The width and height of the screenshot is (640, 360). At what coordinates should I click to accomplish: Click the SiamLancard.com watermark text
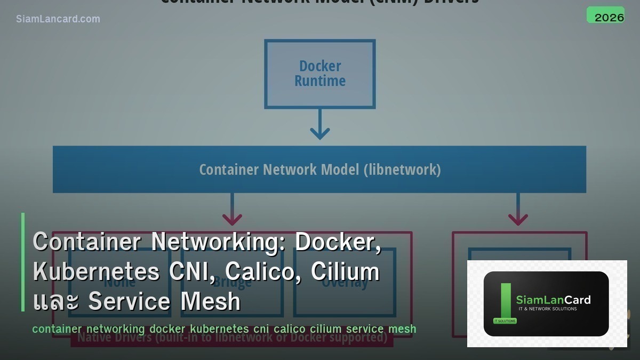pyautogui.click(x=58, y=19)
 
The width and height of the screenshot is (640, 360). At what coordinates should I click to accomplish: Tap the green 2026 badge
pyautogui.click(x=605, y=15)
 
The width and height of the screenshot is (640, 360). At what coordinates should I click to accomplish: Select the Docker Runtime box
pyautogui.click(x=320, y=74)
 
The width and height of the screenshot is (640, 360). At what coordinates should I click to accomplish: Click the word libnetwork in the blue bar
pyautogui.click(x=403, y=170)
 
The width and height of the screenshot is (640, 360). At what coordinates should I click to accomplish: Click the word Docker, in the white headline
pyautogui.click(x=338, y=242)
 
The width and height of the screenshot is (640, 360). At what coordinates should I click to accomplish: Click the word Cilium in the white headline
pyautogui.click(x=345, y=271)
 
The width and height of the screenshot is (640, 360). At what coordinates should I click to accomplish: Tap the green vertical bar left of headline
pyautogui.click(x=23, y=262)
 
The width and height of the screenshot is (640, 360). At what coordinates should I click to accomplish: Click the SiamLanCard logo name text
pyautogui.click(x=553, y=300)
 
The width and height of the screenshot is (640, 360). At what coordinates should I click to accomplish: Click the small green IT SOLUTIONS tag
pyautogui.click(x=505, y=321)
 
